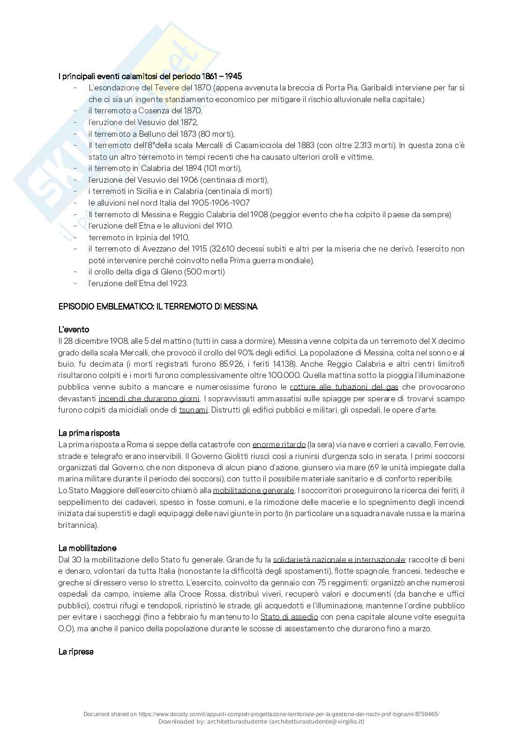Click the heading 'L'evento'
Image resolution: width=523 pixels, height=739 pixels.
(x=74, y=330)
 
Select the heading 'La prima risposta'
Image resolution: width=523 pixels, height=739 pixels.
(x=89, y=433)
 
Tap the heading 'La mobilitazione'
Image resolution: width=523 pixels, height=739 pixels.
(x=87, y=548)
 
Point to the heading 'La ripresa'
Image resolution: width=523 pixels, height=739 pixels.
(x=76, y=651)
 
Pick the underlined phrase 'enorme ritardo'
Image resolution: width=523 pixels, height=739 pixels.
(x=279, y=444)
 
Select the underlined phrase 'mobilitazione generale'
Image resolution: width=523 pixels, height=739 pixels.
(x=254, y=490)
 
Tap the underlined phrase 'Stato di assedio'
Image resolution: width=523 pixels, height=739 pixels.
(x=289, y=617)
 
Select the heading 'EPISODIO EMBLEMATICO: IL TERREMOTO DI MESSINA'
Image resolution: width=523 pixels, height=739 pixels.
(x=158, y=307)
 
